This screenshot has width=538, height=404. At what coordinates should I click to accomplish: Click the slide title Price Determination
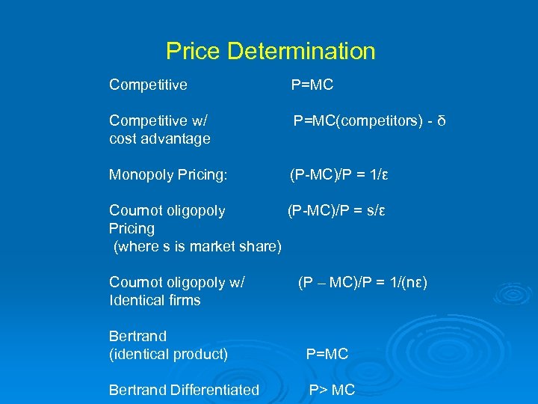point(270,52)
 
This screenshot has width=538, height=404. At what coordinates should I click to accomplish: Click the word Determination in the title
point(301,52)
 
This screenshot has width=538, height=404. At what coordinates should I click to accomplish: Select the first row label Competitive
point(148,85)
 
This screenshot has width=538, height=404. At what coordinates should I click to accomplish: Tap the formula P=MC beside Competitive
point(312,85)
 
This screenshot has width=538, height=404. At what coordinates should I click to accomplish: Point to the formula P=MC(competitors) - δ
point(369,121)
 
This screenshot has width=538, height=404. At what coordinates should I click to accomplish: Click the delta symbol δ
point(442,121)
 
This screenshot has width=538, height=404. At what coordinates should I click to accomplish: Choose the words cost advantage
point(160,139)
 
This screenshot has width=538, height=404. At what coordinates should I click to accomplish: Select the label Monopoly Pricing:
point(168,175)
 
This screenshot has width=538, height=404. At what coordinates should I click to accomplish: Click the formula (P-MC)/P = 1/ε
point(339,175)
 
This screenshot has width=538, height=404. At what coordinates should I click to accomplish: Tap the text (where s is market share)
point(197,246)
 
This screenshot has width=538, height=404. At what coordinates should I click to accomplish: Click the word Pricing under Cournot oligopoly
point(132,229)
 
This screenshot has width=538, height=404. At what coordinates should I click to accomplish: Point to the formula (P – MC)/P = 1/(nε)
point(362,283)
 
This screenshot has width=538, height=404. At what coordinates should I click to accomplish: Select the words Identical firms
point(155,301)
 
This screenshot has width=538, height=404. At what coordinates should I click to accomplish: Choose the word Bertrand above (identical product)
point(137,337)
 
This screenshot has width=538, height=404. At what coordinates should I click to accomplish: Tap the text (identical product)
point(168,354)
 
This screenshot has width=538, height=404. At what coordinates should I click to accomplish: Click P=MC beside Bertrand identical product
point(327,354)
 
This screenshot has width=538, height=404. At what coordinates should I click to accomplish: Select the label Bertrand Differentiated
point(184,390)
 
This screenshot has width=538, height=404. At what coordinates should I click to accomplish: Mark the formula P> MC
point(333,390)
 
